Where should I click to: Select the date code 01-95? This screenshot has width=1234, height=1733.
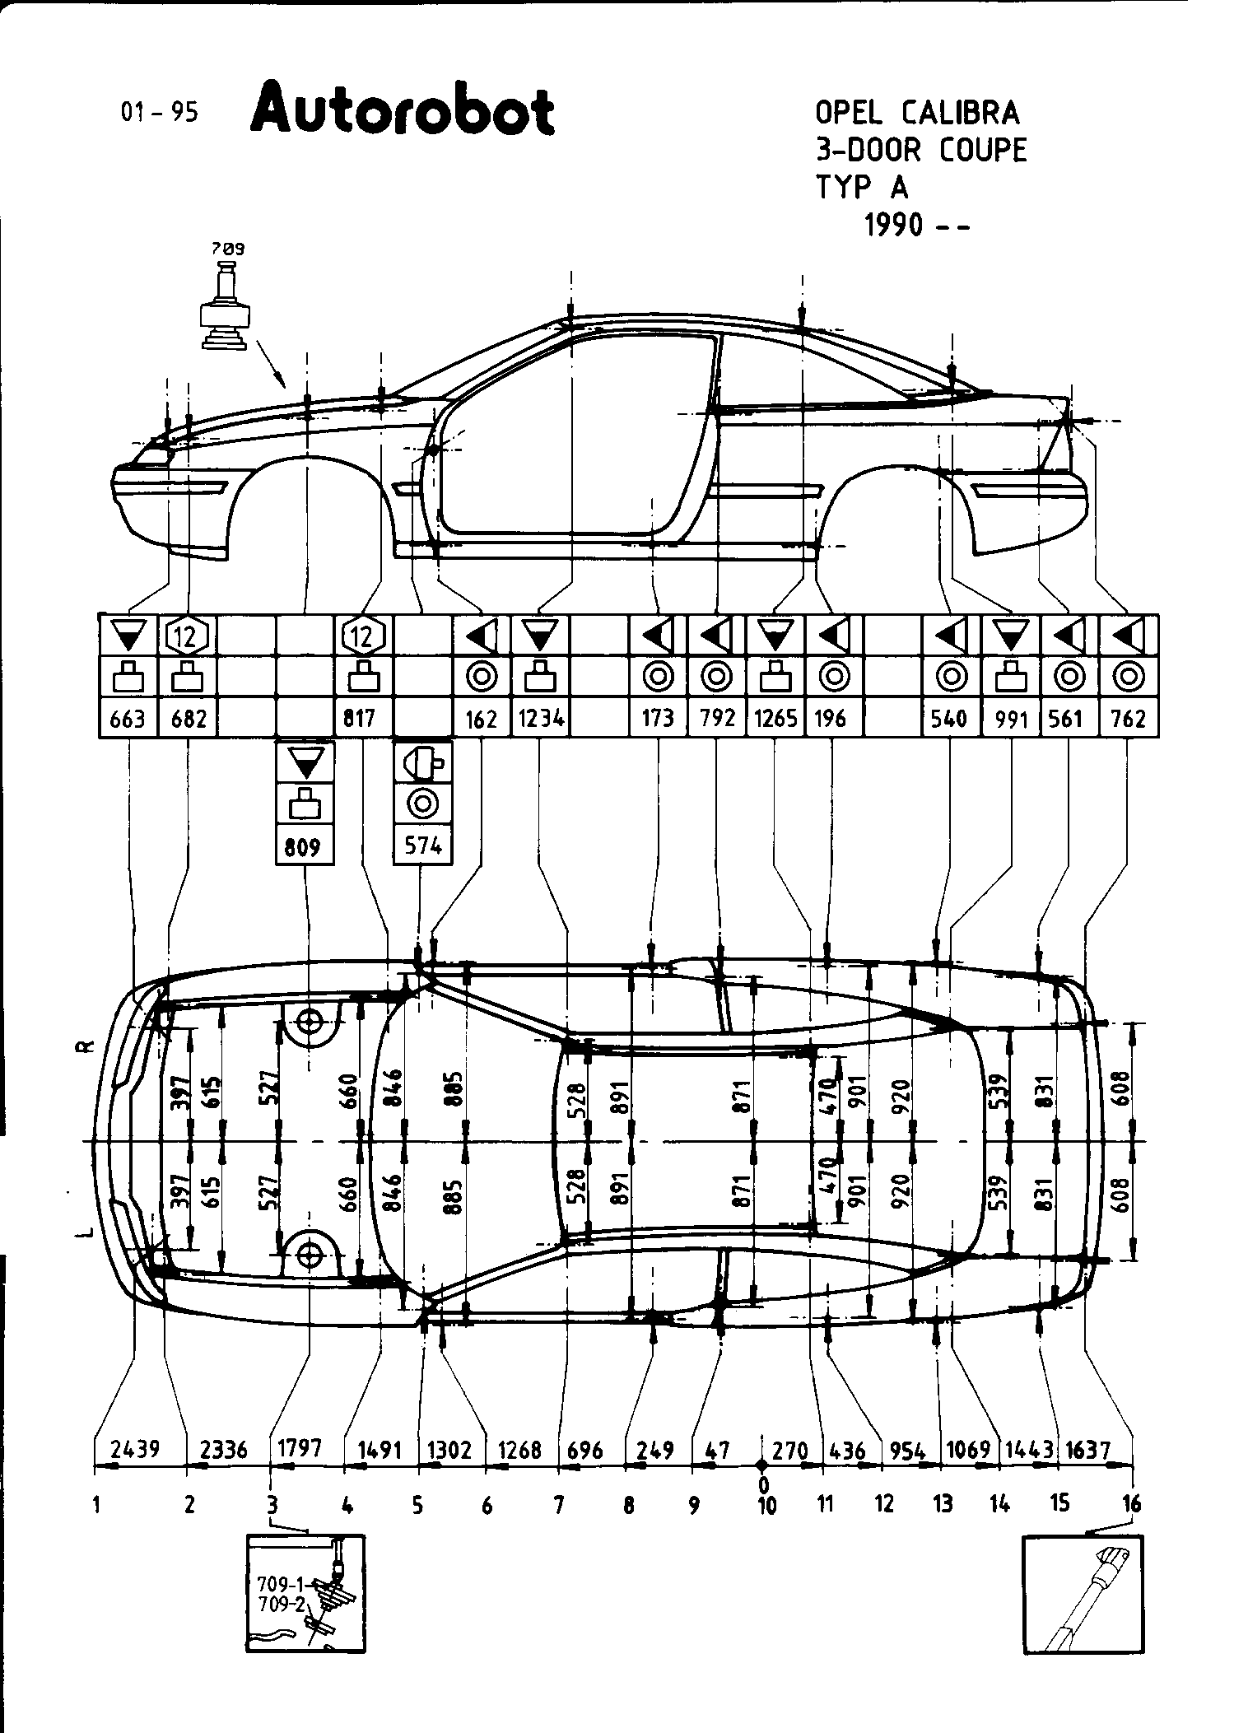[x=159, y=112]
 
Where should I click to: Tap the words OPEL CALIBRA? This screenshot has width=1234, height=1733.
[x=916, y=113]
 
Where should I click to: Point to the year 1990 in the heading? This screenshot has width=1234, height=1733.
[x=896, y=224]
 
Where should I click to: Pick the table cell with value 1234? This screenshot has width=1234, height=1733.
[x=540, y=719]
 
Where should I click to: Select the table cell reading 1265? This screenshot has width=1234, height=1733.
[x=775, y=719]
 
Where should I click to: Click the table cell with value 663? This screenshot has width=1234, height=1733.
[x=128, y=719]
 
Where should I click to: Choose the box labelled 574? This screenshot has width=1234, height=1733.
[x=423, y=846]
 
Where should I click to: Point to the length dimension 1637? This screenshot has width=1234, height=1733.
[x=1088, y=1450]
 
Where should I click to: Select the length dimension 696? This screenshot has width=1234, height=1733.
[x=585, y=1450]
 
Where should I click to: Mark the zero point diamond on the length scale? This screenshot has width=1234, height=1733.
[x=762, y=1465]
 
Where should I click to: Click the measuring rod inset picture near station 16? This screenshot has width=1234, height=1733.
[x=1083, y=1597]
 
